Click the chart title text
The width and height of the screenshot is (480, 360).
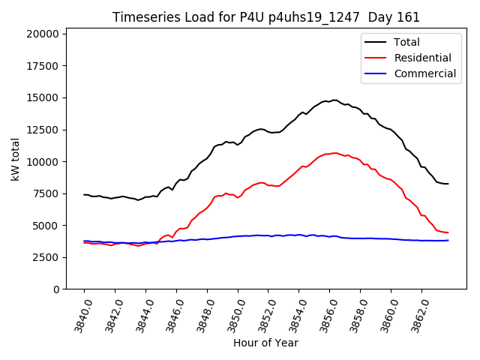tap(266, 16)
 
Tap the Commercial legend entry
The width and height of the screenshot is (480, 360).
tap(424, 73)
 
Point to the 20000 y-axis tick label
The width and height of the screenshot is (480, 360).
tap(43, 34)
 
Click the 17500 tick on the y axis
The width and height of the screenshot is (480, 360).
tap(43, 66)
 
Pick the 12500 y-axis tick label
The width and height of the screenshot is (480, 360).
tap(43, 130)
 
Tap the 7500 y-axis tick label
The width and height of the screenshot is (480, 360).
tap(46, 193)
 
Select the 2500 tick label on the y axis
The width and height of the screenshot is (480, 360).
tap(46, 257)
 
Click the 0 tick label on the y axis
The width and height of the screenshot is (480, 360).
tap(57, 289)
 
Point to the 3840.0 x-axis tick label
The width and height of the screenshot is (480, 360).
tap(79, 313)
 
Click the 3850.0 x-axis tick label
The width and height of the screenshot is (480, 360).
tap(232, 313)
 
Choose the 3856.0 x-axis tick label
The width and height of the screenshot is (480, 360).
tap(324, 313)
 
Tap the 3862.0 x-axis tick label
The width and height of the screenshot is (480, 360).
tap(416, 313)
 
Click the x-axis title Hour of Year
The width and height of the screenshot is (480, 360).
tap(265, 343)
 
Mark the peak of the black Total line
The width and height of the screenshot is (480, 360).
tap(334, 100)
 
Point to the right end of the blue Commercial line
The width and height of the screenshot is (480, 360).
tap(448, 240)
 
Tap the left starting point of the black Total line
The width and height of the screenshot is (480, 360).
tap(84, 194)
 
